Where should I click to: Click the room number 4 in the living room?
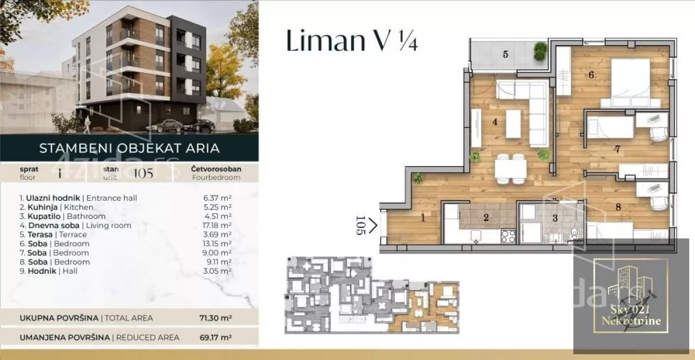point(495,122)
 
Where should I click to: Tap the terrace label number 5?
point(506,54)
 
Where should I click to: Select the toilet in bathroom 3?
point(575,232)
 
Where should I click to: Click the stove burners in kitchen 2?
point(508,236)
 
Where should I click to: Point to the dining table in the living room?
point(510,169)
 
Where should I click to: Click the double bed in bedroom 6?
point(631,83)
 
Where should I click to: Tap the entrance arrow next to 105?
point(373,225)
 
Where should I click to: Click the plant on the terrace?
point(540,51)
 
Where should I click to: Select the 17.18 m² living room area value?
point(217,225)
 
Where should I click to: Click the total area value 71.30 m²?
point(215,318)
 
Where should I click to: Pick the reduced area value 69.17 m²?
point(215,337)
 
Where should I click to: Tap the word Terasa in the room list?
point(40,235)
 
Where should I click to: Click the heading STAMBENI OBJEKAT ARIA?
point(130,148)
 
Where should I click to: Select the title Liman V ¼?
point(352,41)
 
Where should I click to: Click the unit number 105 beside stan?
point(144,174)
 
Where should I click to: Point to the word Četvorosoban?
point(216,169)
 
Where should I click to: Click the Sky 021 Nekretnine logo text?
point(631,315)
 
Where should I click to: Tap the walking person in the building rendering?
point(87,125)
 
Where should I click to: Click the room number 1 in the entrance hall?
point(423,218)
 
